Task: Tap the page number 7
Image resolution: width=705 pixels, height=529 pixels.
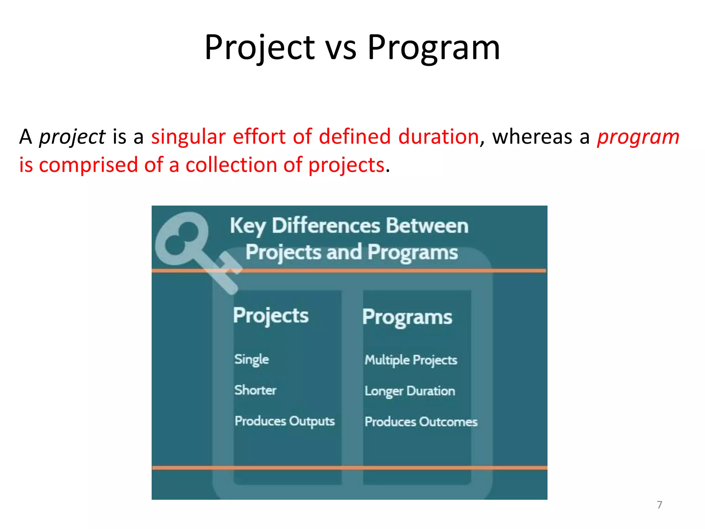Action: [659, 505]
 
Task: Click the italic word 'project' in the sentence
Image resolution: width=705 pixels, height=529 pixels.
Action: [72, 137]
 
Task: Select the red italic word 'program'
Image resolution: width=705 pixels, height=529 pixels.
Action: [638, 137]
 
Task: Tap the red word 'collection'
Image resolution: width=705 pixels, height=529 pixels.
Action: [231, 165]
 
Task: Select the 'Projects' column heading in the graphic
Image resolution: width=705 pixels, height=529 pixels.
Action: [271, 315]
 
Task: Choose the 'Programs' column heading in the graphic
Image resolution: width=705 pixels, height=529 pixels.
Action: [407, 317]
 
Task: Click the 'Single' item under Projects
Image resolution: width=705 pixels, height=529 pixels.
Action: [251, 360]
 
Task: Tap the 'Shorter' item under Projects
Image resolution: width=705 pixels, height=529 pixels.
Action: [255, 390]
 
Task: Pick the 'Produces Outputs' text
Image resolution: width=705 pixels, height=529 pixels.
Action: [284, 421]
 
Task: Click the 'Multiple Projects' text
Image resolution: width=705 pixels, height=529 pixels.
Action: [411, 360]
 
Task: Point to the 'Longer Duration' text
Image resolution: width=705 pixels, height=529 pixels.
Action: [410, 391]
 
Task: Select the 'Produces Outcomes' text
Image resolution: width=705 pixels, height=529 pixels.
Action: [421, 422]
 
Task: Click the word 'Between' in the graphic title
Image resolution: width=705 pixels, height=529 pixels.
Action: [427, 226]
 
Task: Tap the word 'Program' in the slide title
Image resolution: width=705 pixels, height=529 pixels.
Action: [433, 48]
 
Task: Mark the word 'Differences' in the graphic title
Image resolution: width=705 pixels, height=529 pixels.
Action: [326, 226]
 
